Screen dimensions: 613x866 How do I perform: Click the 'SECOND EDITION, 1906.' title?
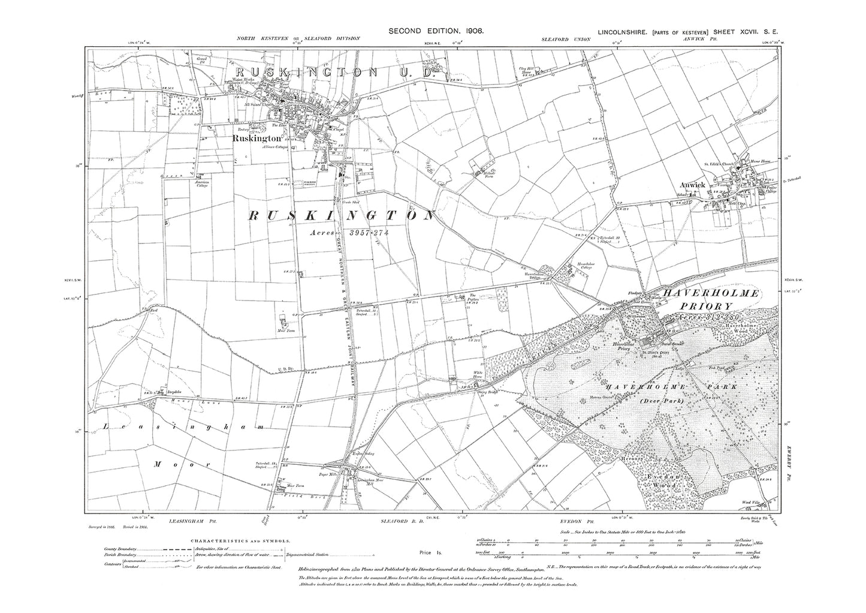pyautogui.click(x=436, y=30)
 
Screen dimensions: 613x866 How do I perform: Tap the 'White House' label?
pyautogui.click(x=478, y=374)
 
